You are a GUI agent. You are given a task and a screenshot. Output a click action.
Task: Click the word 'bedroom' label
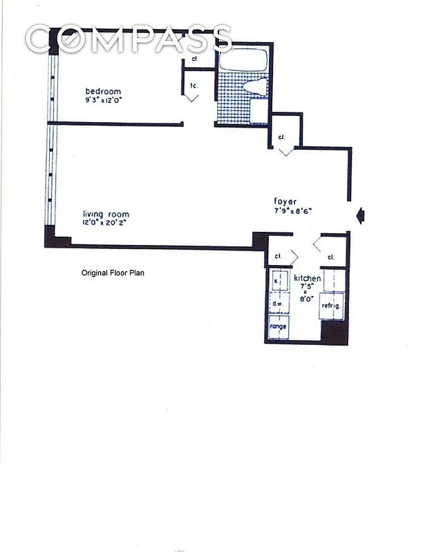[103, 92]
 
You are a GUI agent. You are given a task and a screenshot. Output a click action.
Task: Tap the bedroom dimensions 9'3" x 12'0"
[103, 101]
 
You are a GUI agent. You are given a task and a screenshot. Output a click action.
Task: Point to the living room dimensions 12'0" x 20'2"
[106, 223]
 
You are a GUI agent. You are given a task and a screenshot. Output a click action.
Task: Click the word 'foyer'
[285, 201]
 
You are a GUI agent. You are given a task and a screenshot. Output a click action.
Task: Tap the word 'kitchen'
[308, 278]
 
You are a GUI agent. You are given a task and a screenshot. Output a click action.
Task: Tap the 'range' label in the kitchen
[279, 326]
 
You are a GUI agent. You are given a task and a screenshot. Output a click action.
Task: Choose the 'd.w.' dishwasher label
[278, 304]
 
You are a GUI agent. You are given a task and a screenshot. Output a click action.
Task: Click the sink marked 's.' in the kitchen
[277, 282]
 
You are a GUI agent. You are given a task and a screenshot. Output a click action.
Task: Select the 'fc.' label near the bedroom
[194, 86]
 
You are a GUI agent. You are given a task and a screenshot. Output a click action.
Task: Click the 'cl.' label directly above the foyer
[281, 137]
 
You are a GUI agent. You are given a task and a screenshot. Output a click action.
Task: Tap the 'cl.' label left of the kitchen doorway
[278, 256]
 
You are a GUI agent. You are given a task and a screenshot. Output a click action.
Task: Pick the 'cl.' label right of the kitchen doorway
[331, 257]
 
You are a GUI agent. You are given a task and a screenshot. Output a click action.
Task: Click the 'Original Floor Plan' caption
[113, 273]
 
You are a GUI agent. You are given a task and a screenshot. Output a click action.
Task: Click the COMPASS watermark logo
[129, 39]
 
